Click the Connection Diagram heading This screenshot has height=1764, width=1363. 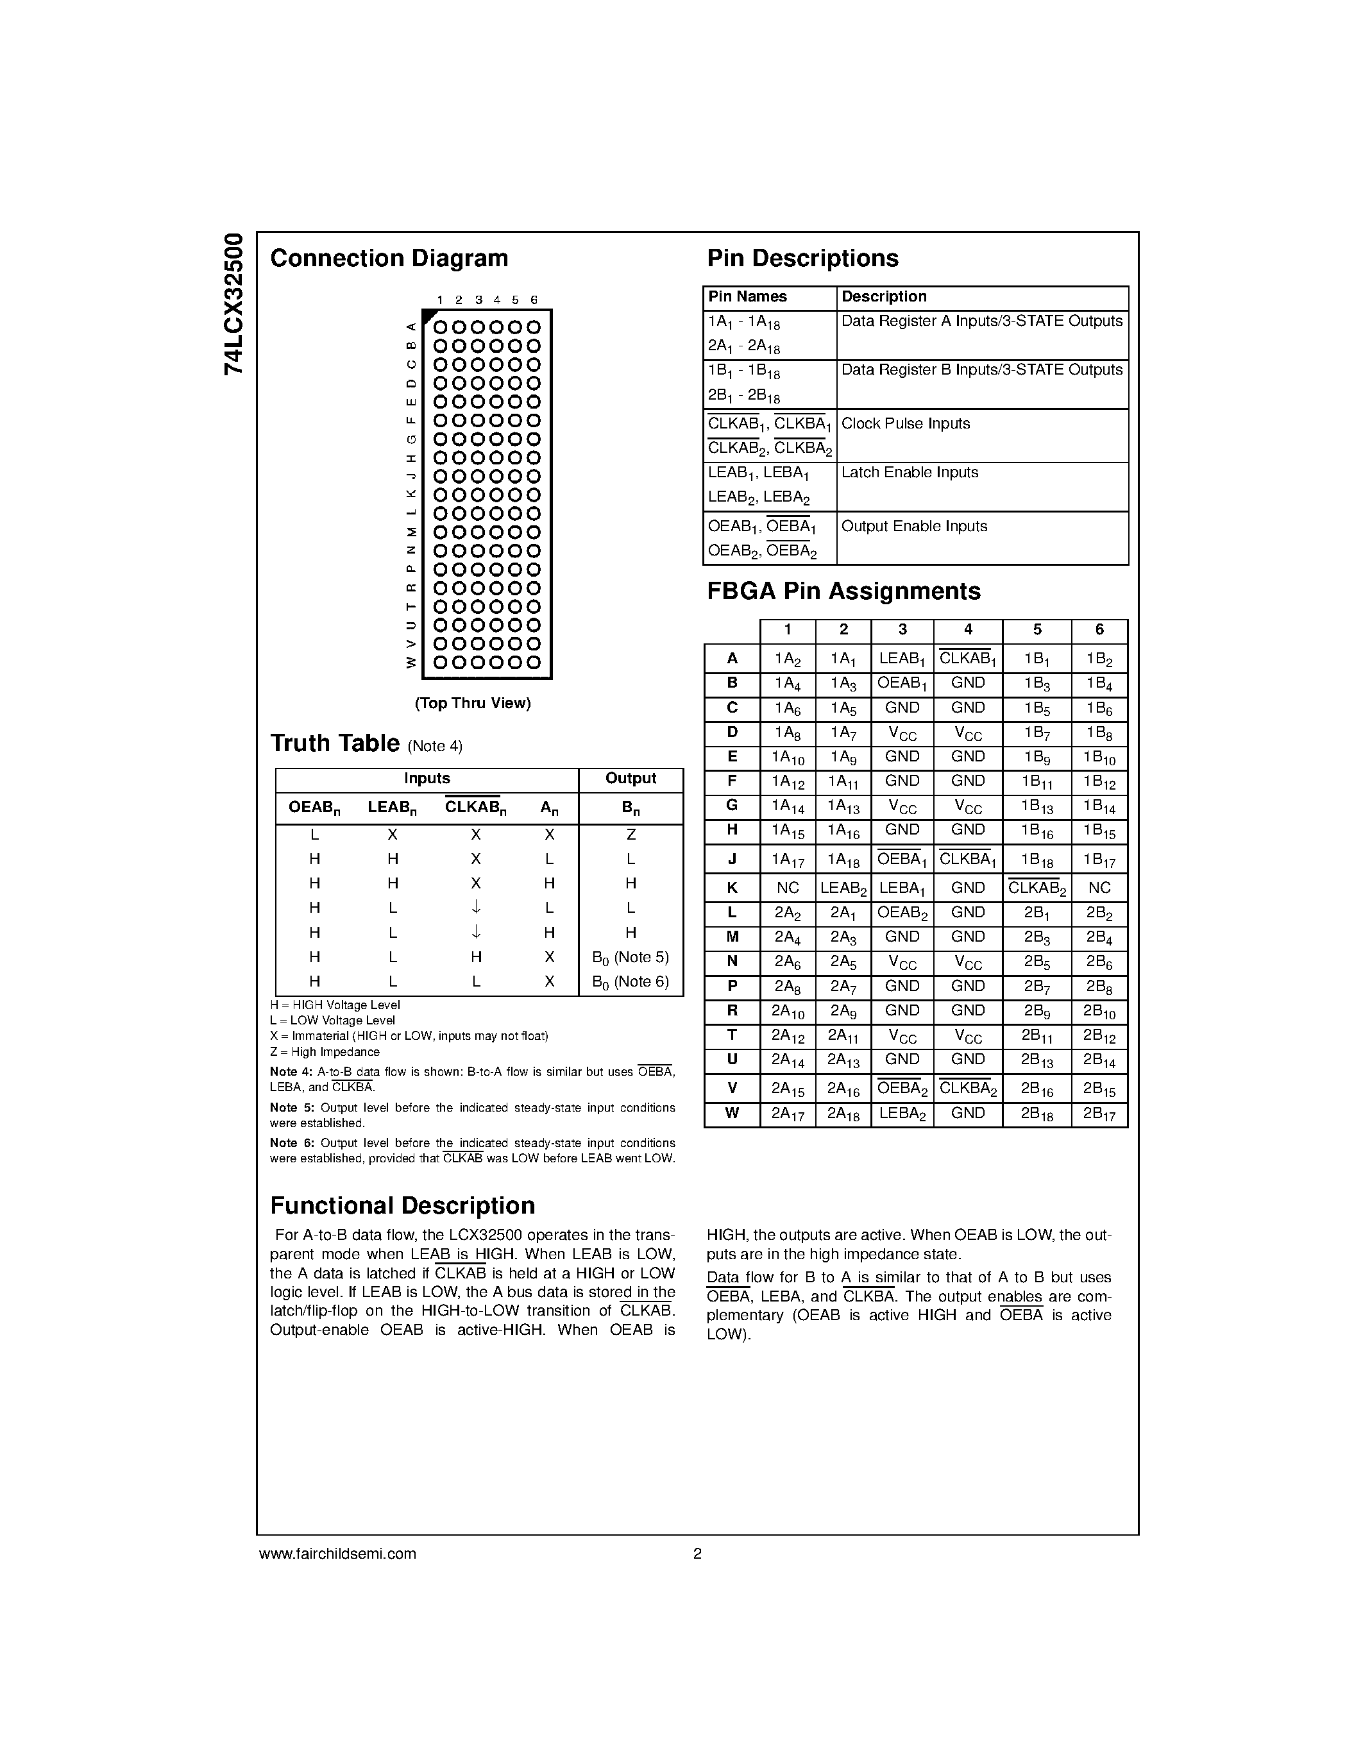[389, 259]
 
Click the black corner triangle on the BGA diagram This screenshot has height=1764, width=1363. [428, 316]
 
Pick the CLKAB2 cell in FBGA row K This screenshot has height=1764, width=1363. [1036, 888]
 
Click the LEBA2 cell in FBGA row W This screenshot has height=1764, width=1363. [902, 1114]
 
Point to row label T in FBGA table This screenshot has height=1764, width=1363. [732, 1035]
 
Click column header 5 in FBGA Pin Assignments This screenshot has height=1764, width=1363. [1036, 630]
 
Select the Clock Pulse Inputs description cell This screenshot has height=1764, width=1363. [905, 424]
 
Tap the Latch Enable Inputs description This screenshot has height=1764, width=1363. [910, 473]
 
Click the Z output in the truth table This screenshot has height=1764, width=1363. [631, 835]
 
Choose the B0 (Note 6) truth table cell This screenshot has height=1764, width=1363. [631, 982]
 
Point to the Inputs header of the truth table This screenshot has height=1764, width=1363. [427, 779]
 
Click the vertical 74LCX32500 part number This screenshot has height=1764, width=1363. [233, 303]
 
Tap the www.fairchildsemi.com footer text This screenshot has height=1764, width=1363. [337, 1553]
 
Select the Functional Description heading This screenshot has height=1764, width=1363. [402, 1206]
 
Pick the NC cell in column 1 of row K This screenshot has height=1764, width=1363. [787, 888]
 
